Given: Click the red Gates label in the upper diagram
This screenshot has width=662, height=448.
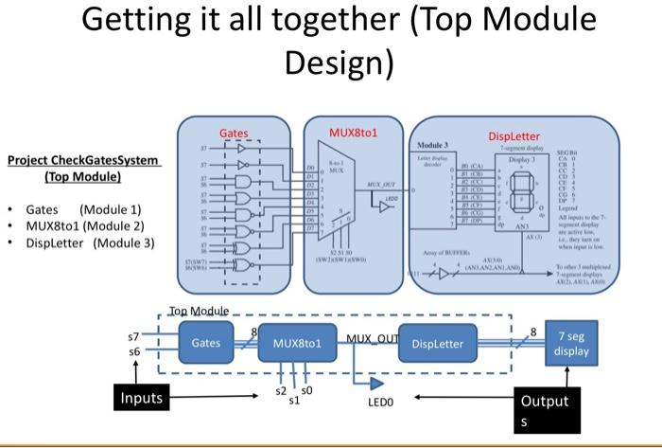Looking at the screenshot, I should (x=235, y=134).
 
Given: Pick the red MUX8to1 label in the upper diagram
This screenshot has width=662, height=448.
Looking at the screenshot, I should (x=353, y=133).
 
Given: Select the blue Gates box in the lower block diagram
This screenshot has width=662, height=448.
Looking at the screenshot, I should (x=206, y=343).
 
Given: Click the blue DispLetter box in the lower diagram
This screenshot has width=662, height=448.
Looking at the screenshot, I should (x=438, y=344).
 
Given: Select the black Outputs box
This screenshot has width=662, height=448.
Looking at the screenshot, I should (x=543, y=408).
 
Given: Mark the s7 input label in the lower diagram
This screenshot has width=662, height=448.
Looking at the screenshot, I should (x=132, y=335).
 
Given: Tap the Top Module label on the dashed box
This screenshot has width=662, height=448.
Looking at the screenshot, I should (x=200, y=312).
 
